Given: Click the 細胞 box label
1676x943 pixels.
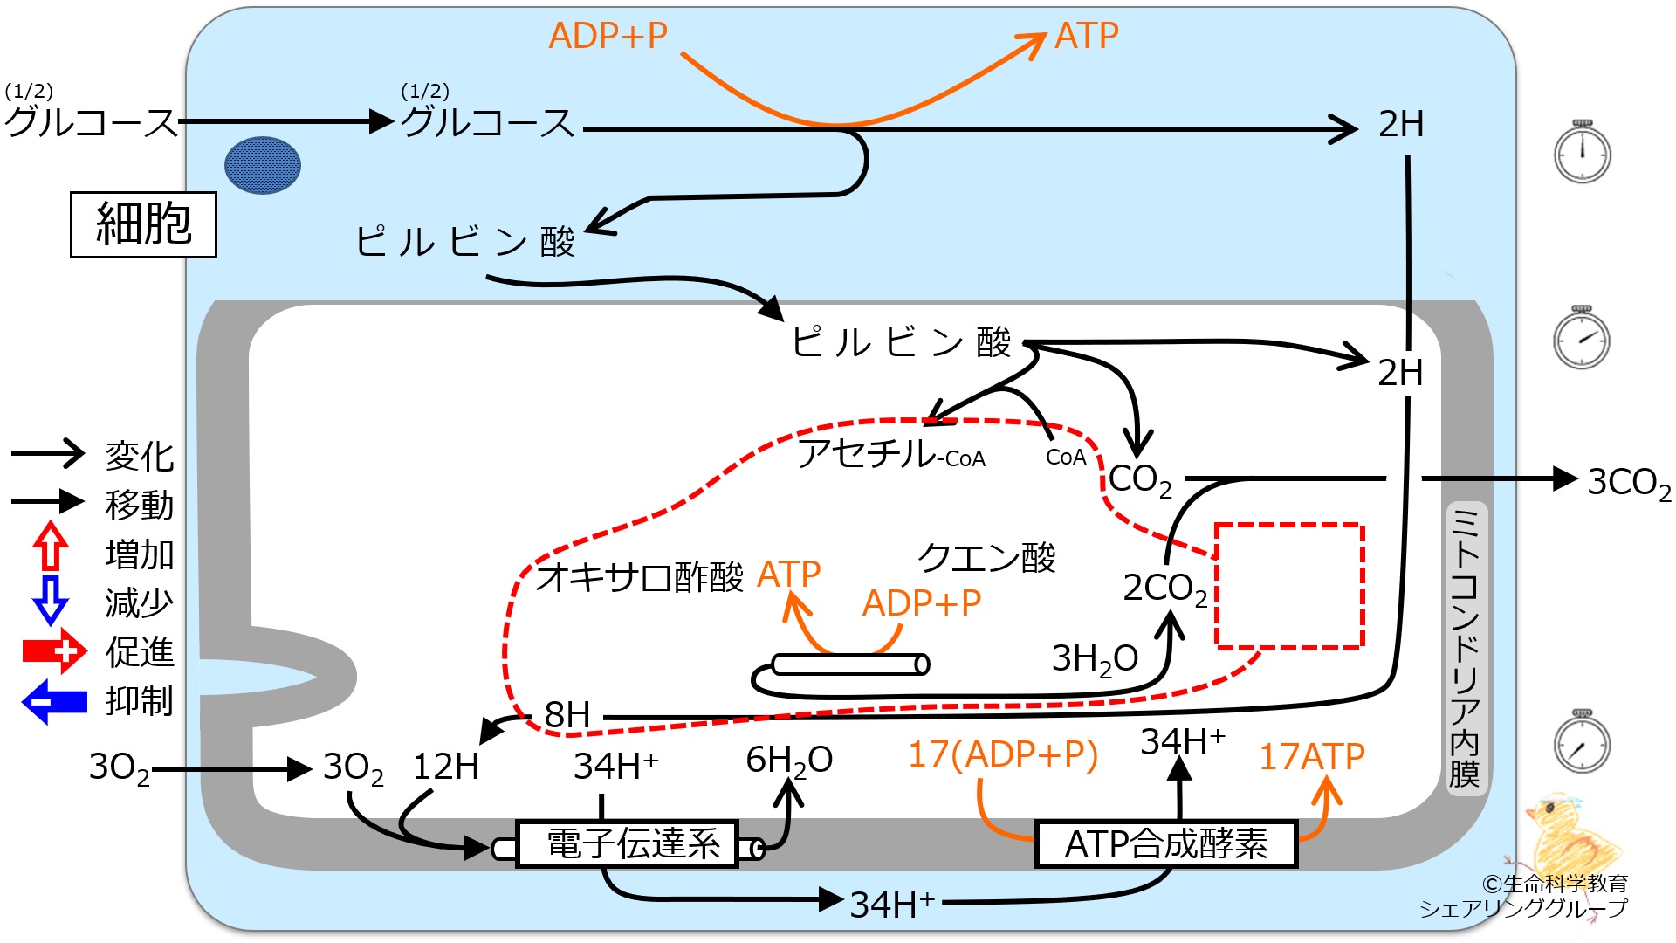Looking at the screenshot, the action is (x=143, y=224).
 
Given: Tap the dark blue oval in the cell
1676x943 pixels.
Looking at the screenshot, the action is (x=263, y=165).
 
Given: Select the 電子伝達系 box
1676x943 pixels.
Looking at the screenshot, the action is (x=628, y=843).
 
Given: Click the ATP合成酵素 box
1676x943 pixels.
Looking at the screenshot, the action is (x=1166, y=843).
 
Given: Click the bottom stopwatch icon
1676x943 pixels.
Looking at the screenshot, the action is (x=1582, y=742).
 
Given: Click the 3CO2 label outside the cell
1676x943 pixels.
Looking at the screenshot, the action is (x=1628, y=483).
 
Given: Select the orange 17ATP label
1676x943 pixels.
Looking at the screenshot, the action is (x=1311, y=756).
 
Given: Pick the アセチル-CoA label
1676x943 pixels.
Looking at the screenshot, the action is (x=891, y=453).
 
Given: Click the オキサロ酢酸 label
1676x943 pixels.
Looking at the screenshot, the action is (x=640, y=577).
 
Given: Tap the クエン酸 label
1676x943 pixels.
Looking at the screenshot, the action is (x=986, y=557).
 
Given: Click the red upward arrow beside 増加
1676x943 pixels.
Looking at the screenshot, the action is (x=51, y=547).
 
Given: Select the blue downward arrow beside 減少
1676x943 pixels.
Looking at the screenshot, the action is (x=51, y=600).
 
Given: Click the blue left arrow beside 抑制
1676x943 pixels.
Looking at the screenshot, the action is (x=54, y=702).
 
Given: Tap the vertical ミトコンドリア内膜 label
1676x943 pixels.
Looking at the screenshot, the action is (x=1464, y=647).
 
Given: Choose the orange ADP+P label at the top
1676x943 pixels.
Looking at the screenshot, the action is (x=608, y=36).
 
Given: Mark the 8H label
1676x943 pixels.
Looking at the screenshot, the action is (x=567, y=715).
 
